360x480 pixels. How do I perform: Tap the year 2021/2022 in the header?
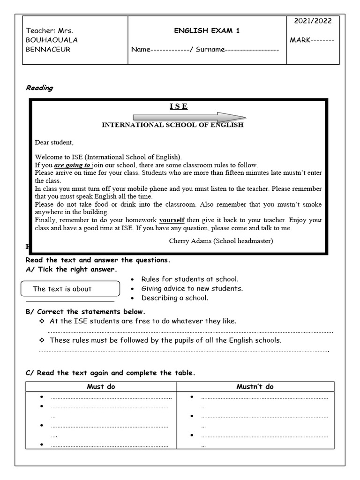(x=312, y=21)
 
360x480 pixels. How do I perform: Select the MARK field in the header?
(x=312, y=40)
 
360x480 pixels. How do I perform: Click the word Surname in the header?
(x=210, y=50)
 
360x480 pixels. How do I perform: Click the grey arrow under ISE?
(x=189, y=117)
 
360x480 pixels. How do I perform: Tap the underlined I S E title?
(x=179, y=107)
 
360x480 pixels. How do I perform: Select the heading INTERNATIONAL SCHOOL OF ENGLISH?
(x=172, y=125)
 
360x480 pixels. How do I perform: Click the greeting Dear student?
(x=54, y=142)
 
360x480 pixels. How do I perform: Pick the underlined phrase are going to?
(x=72, y=165)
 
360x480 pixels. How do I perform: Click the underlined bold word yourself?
(x=172, y=220)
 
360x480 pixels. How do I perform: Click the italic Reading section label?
(x=39, y=88)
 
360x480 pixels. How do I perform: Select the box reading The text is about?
(x=71, y=289)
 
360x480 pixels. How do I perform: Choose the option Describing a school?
(x=174, y=298)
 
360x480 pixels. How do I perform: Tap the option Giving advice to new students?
(x=192, y=289)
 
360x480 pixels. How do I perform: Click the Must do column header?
(x=101, y=387)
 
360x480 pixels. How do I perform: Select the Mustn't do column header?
(x=255, y=387)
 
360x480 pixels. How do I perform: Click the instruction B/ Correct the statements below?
(x=85, y=312)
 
